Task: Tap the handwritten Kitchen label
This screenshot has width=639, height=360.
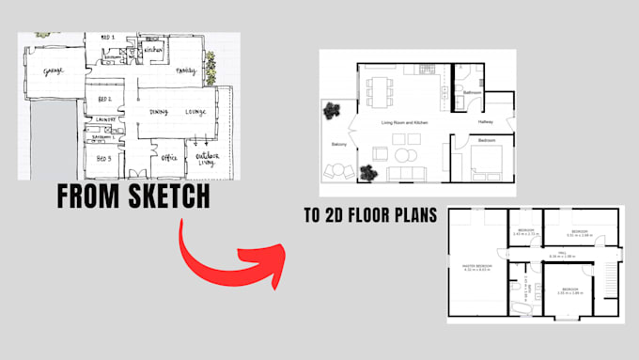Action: [x=154, y=49]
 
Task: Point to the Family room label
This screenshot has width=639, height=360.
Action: [x=187, y=70]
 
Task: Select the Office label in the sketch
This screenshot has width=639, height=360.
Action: [x=170, y=158]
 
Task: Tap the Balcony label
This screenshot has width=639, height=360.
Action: [x=339, y=144]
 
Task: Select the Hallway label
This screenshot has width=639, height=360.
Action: [x=486, y=121]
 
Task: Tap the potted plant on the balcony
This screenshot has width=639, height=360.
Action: [x=331, y=111]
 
